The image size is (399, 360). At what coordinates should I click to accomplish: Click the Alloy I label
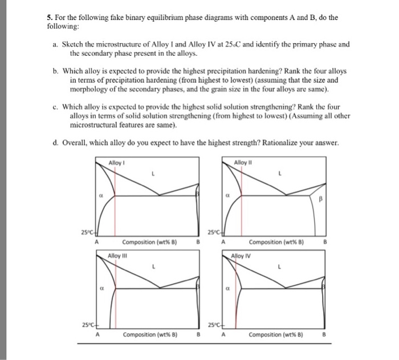tap(116, 163)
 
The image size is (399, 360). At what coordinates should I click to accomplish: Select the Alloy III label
tap(116, 255)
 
